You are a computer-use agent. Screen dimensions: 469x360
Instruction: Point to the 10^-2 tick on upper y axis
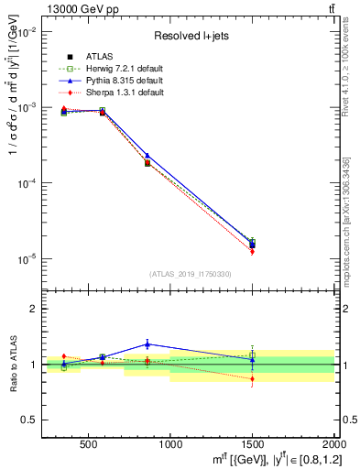pyautogui.click(x=33, y=31)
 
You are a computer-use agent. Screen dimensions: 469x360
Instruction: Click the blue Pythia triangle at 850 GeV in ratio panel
pyautogui.click(x=147, y=344)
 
